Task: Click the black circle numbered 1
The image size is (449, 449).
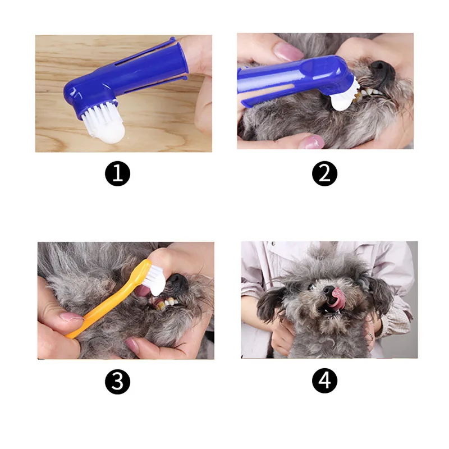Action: click(117, 173)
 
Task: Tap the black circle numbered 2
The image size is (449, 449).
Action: click(324, 173)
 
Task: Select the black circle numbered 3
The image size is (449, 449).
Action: click(117, 382)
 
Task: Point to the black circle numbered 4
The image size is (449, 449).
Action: click(324, 381)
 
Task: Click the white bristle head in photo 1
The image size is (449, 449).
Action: click(104, 122)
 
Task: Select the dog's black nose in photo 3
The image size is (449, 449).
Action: click(177, 283)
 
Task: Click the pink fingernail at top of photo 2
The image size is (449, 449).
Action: click(288, 52)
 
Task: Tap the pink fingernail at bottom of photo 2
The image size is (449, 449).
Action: click(311, 143)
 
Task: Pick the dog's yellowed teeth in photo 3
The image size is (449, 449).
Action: click(165, 304)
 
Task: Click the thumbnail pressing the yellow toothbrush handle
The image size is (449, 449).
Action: click(71, 317)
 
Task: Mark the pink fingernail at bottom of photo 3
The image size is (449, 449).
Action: click(132, 345)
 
